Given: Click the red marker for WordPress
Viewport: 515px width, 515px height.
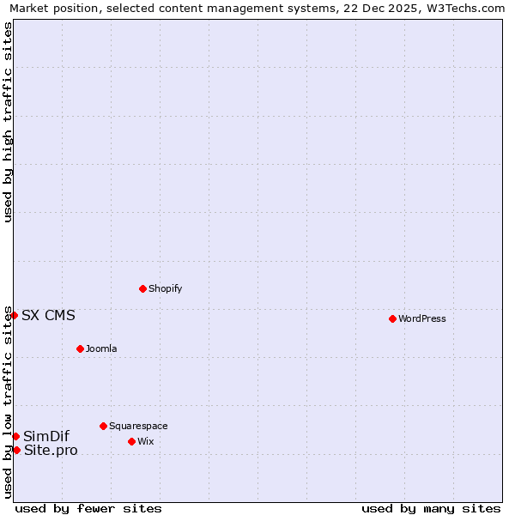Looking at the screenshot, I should pyautogui.click(x=392, y=318).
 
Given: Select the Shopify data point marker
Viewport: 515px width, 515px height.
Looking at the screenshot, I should pyautogui.click(x=142, y=288).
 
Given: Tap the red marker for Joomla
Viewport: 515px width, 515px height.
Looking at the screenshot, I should pyautogui.click(x=80, y=348).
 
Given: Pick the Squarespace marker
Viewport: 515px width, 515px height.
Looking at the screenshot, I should pyautogui.click(x=103, y=426).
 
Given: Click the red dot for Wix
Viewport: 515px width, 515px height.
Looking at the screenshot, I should pyautogui.click(x=131, y=441).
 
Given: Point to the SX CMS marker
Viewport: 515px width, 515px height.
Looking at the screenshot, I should pyautogui.click(x=14, y=315).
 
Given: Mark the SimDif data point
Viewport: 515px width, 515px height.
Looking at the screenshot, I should pyautogui.click(x=15, y=436).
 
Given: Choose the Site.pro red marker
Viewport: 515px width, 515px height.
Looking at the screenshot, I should pyautogui.click(x=16, y=450).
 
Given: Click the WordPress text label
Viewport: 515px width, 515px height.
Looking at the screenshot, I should pyautogui.click(x=422, y=319).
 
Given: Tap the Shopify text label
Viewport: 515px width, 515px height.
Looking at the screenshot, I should pyautogui.click(x=166, y=289).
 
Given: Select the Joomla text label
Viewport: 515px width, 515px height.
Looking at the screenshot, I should pyautogui.click(x=101, y=349).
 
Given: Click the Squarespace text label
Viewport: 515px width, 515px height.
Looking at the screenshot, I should pyautogui.click(x=138, y=427).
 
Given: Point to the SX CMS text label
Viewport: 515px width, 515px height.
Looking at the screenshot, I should pyautogui.click(x=48, y=315).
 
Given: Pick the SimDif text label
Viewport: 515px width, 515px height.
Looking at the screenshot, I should pyautogui.click(x=46, y=436).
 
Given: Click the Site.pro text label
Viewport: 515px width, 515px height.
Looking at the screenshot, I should pyautogui.click(x=51, y=450).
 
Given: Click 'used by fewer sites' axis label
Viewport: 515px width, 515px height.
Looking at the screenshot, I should pyautogui.click(x=88, y=508).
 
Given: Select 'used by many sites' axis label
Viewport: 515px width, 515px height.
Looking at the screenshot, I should pyautogui.click(x=431, y=508).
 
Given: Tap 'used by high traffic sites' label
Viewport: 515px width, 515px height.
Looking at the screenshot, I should pyautogui.click(x=8, y=122).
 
